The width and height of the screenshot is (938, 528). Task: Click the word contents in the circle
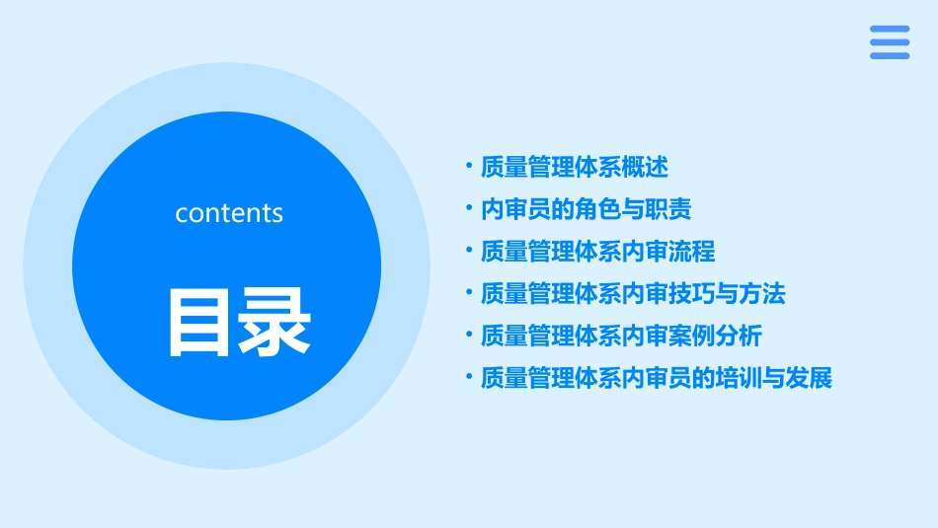click(x=229, y=213)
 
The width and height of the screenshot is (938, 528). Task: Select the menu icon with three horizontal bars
click(x=889, y=42)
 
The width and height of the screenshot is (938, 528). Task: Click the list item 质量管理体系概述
click(x=574, y=168)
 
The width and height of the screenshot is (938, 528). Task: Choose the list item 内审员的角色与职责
click(x=586, y=209)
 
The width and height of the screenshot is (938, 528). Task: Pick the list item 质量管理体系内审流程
click(x=597, y=252)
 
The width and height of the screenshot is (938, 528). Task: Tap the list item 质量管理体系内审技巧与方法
click(x=632, y=293)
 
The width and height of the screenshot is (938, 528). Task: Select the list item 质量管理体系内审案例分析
click(x=621, y=336)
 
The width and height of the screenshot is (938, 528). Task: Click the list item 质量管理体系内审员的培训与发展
click(x=656, y=378)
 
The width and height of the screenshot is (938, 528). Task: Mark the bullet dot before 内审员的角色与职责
click(x=469, y=208)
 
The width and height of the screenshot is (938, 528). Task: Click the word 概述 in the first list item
click(x=645, y=168)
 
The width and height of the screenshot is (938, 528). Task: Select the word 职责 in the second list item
click(x=668, y=209)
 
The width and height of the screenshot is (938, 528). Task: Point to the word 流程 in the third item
click(x=692, y=252)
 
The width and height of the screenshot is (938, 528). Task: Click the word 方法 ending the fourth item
click(x=762, y=293)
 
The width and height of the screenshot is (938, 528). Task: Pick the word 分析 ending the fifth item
click(x=739, y=336)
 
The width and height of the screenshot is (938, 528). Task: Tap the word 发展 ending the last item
click(x=810, y=378)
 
